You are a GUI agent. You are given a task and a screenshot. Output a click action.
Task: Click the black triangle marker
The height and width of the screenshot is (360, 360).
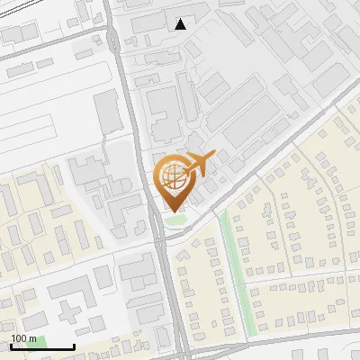pyautogui.click(x=181, y=24)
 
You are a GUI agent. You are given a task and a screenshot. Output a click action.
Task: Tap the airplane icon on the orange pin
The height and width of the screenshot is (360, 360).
pyautogui.click(x=200, y=163)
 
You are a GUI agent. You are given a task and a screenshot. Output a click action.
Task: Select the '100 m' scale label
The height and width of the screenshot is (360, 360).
pyautogui.click(x=23, y=338)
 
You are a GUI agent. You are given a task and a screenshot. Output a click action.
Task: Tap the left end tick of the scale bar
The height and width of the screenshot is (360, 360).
pyautogui.click(x=11, y=346)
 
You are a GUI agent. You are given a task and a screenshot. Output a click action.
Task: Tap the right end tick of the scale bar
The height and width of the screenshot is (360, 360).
pyautogui.click(x=73, y=346)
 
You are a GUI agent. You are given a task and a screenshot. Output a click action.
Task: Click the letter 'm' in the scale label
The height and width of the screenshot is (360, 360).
pyautogui.click(x=32, y=338)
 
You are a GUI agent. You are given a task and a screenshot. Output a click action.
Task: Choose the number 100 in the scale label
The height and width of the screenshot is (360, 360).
pyautogui.click(x=19, y=338)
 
